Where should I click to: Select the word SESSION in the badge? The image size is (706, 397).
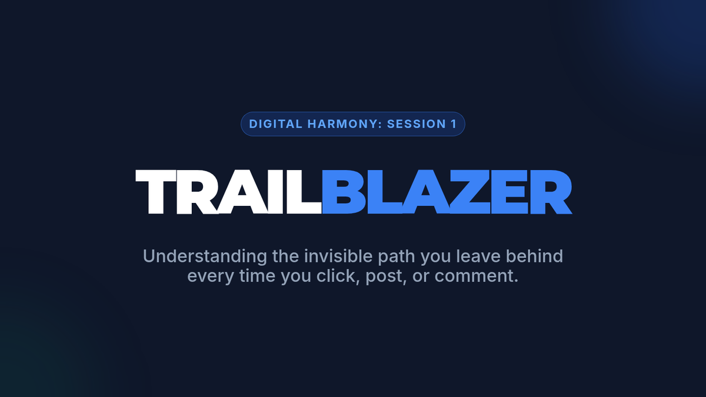pyautogui.click(x=417, y=124)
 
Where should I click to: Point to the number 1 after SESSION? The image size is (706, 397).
pyautogui.click(x=454, y=124)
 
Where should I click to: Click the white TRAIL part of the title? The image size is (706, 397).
pyautogui.click(x=228, y=192)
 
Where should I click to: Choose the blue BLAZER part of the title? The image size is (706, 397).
pyautogui.click(x=447, y=192)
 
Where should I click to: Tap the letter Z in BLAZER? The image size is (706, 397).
pyautogui.click(x=469, y=192)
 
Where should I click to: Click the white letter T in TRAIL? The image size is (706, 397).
pyautogui.click(x=155, y=192)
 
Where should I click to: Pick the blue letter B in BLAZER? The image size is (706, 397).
pyautogui.click(x=344, y=192)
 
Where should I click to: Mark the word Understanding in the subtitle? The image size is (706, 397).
pyautogui.click(x=205, y=256)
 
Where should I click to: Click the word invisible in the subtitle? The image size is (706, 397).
pyautogui.click(x=338, y=256)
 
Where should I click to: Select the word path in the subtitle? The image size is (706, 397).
pyautogui.click(x=396, y=257)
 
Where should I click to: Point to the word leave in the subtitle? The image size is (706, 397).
pyautogui.click(x=478, y=256)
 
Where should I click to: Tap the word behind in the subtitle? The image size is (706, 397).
pyautogui.click(x=535, y=256)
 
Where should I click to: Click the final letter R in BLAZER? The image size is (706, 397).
pyautogui.click(x=551, y=192)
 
